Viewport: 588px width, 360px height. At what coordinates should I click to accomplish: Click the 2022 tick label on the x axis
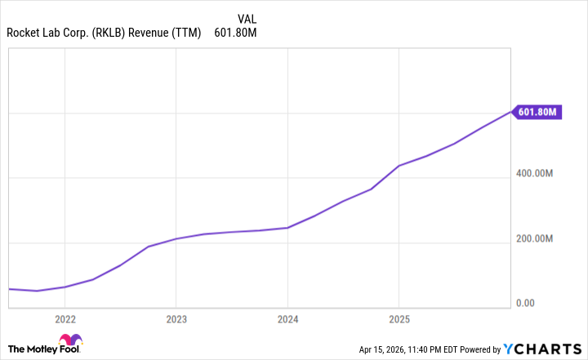65,319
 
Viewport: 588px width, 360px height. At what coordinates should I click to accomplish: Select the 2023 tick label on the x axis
176,319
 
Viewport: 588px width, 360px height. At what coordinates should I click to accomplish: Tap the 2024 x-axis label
287,319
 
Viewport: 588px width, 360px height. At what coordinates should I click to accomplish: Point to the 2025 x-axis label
398,319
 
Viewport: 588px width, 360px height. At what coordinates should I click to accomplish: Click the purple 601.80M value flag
537,112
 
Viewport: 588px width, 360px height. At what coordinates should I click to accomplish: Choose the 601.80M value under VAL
236,33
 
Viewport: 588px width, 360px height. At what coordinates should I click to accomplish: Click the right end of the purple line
511,112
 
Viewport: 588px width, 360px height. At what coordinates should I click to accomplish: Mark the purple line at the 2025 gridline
398,166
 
